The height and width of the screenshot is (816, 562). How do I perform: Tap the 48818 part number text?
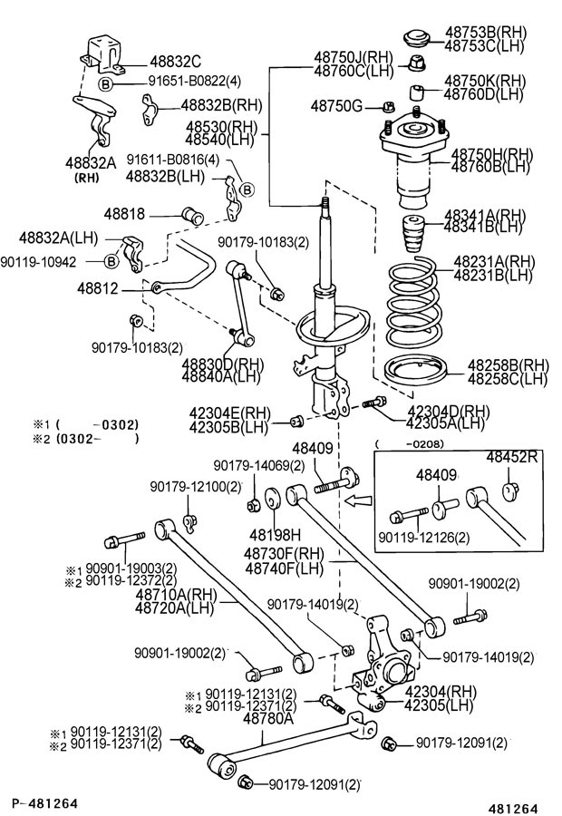(124, 214)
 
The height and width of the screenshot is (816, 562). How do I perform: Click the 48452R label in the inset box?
(513, 457)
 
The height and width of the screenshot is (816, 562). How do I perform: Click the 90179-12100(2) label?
(196, 487)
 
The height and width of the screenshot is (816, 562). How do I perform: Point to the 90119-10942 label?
(51, 262)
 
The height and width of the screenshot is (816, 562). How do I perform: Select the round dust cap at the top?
(418, 38)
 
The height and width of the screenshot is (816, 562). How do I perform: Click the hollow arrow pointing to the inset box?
(361, 498)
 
